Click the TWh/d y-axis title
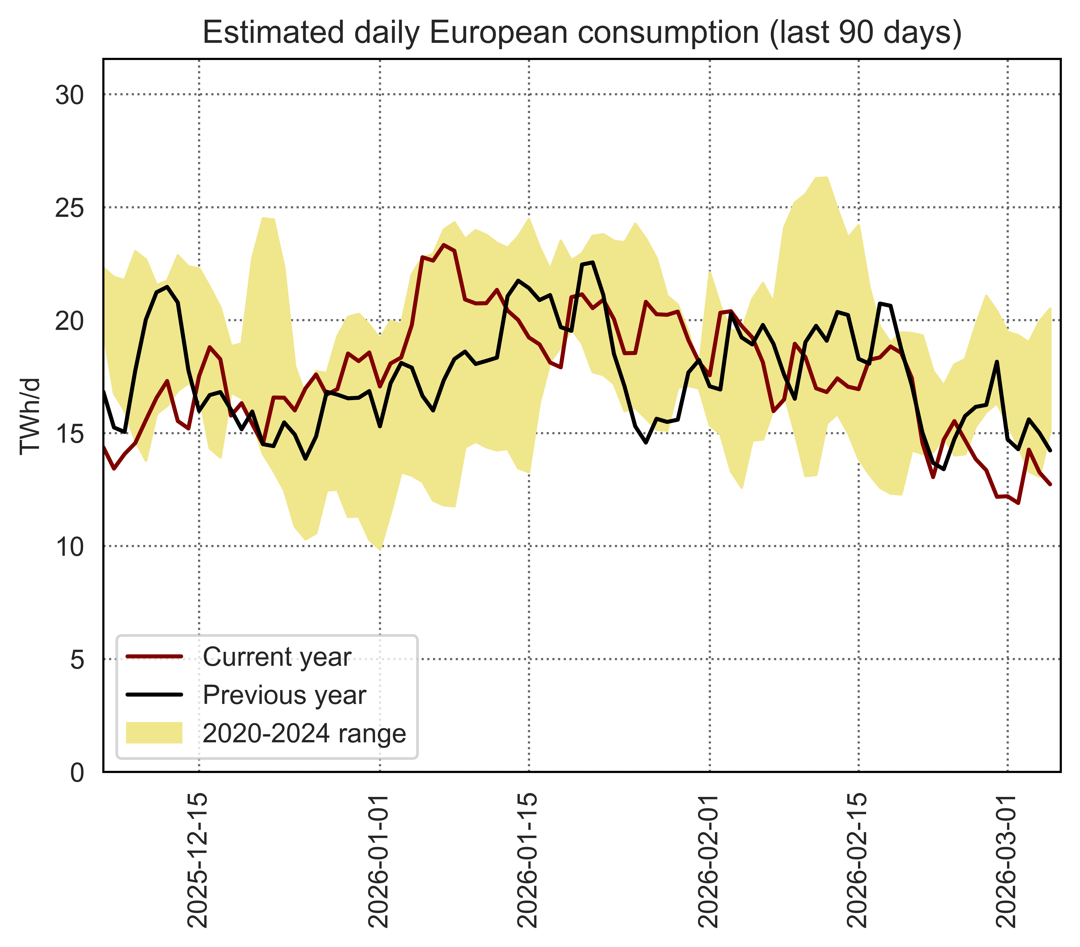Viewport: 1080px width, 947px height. tap(30, 416)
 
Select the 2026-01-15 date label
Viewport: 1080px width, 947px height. tap(528, 867)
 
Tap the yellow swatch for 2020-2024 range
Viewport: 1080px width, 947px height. tap(154, 733)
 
